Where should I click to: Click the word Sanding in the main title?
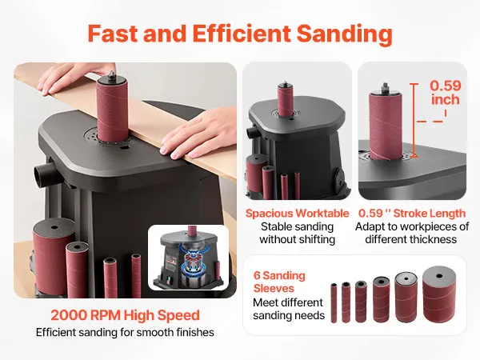(x=345, y=34)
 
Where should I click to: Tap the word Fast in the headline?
(x=114, y=33)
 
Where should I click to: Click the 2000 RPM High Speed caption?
(x=125, y=316)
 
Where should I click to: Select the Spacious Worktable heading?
(x=298, y=214)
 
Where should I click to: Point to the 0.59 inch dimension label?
(x=446, y=93)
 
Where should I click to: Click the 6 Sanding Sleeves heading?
(x=279, y=282)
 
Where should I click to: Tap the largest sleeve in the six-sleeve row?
(x=439, y=294)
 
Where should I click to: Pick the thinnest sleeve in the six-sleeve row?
(x=334, y=303)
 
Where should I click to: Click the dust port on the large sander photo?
(x=45, y=174)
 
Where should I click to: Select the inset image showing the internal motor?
(x=188, y=258)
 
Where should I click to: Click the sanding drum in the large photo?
(x=112, y=110)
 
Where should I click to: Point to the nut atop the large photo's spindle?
(x=112, y=74)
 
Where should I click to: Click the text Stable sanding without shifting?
(x=298, y=233)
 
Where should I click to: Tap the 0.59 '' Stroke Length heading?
(x=412, y=214)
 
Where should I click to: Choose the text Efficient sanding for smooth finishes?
(x=125, y=333)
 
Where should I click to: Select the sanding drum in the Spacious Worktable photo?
(x=286, y=99)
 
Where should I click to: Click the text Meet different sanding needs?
(x=289, y=309)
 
